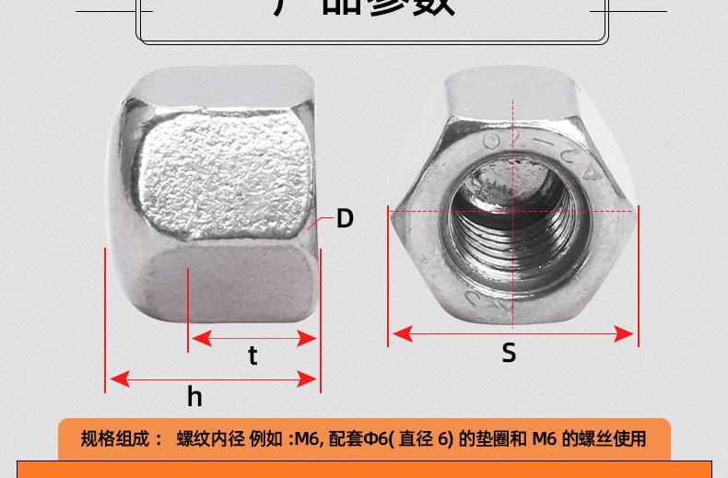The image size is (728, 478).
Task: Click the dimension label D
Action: point(345,218)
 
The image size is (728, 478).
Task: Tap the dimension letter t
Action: point(252,356)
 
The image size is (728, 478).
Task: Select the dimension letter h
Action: point(194,396)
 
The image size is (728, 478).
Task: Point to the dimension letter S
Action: point(509,353)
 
